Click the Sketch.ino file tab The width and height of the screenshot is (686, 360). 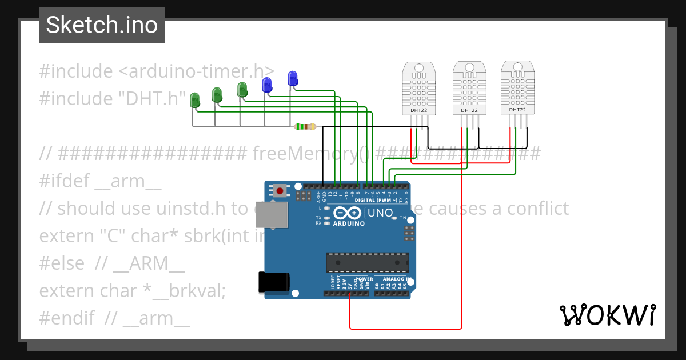click(102, 25)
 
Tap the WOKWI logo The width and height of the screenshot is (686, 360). click(607, 315)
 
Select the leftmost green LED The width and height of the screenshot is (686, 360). click(195, 100)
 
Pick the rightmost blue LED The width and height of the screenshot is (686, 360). click(293, 79)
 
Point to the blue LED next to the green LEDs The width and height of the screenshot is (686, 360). click(266, 85)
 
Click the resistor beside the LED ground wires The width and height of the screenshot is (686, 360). click(304, 127)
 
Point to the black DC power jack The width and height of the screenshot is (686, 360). click(274, 283)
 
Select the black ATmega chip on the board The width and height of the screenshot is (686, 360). click(367, 262)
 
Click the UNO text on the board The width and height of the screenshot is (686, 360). click(380, 213)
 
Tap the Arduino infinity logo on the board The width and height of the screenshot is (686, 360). click(347, 213)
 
